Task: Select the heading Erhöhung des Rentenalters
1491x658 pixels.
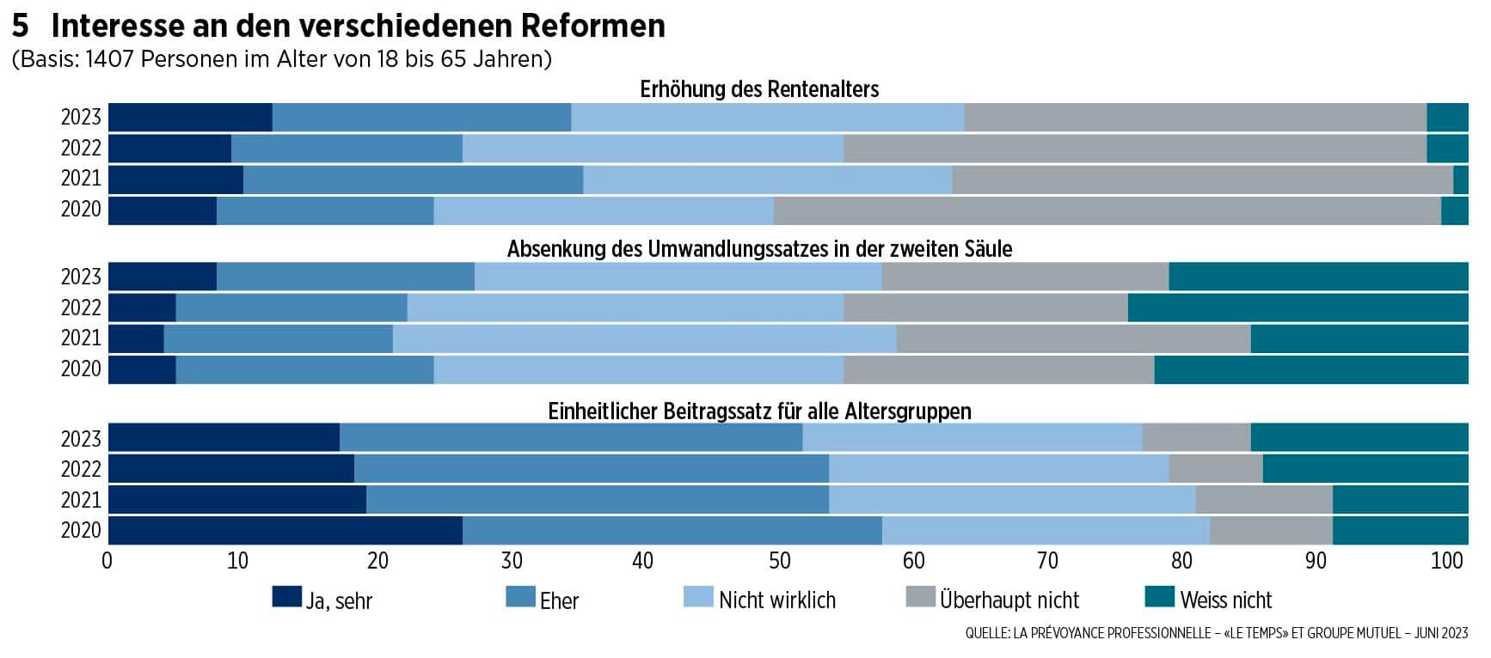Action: point(759,89)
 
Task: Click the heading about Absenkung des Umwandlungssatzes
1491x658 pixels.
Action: point(759,249)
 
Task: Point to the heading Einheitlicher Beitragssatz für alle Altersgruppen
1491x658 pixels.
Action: point(759,411)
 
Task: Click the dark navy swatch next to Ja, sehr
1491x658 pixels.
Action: point(286,597)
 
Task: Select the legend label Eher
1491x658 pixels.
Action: point(559,600)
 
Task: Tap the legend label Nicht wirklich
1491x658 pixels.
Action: point(776,600)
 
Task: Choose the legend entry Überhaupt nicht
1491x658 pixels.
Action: point(1009,600)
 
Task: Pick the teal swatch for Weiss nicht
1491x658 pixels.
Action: point(1160,597)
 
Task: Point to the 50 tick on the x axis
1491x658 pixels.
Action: point(779,562)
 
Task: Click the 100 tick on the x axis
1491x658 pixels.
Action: point(1447,562)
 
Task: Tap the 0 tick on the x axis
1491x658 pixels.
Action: point(107,562)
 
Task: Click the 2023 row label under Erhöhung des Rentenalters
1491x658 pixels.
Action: point(81,118)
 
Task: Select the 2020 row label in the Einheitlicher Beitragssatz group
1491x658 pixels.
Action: point(81,531)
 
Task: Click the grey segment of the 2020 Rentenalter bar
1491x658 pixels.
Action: point(1107,210)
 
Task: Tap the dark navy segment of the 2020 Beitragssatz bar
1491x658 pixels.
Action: point(285,531)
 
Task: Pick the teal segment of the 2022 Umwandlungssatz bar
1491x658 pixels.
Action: point(1298,308)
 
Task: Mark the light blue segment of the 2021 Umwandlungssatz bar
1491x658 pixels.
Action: point(644,338)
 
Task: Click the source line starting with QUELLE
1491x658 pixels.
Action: point(1216,634)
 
